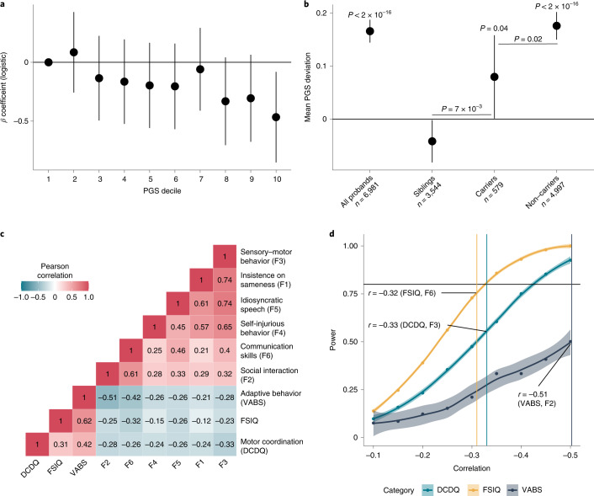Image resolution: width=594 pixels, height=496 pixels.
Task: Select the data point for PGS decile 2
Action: [x=73, y=52]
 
